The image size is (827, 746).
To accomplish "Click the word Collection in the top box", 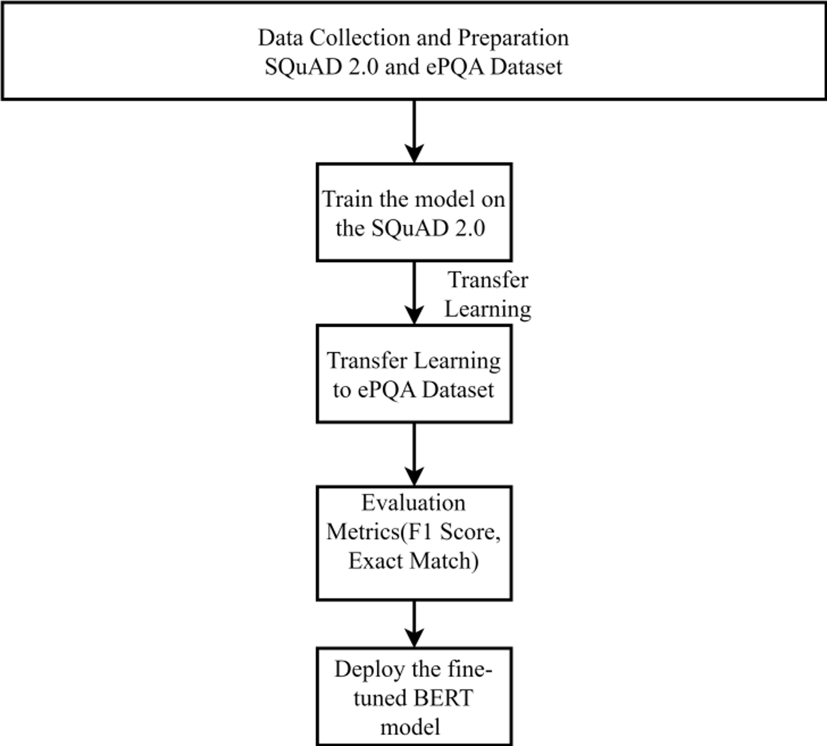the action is (x=360, y=38).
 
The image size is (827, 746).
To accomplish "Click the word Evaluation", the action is (x=413, y=503).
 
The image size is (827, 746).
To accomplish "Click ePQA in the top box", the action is (x=456, y=67).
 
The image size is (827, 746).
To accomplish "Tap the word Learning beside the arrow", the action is (x=488, y=309).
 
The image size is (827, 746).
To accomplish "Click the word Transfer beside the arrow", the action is (x=488, y=280).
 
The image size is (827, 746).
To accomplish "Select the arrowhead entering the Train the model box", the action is (x=414, y=154).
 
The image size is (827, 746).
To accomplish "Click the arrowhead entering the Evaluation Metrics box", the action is (x=414, y=476).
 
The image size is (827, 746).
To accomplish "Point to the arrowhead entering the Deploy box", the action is (x=414, y=638).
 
